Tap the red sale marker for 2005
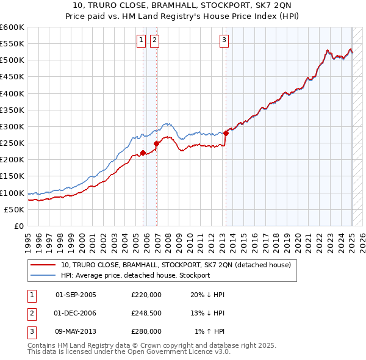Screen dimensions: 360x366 (143, 153)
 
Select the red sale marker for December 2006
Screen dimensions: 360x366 (157, 143)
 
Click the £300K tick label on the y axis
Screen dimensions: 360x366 (12, 126)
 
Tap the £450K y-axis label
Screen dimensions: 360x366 (12, 77)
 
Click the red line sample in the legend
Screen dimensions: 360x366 (43, 265)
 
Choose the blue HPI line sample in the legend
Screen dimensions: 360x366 (43, 275)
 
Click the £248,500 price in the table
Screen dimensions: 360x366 (146, 313)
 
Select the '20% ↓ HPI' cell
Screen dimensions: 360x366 (207, 295)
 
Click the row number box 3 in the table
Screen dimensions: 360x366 (30, 331)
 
